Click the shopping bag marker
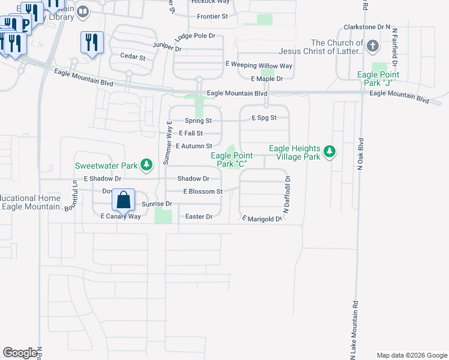[123, 201]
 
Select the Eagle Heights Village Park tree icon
[328, 152]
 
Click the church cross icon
[372, 46]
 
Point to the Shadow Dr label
[193, 179]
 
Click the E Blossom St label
[203, 192]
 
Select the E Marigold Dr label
[262, 220]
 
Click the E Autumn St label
[194, 146]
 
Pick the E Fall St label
[191, 134]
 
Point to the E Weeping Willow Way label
[259, 65]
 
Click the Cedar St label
[133, 58]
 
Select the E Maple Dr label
[267, 79]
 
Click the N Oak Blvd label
[361, 156]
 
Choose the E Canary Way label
[120, 217]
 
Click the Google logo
[20, 353]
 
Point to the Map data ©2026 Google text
[411, 355]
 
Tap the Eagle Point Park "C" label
[231, 159]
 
